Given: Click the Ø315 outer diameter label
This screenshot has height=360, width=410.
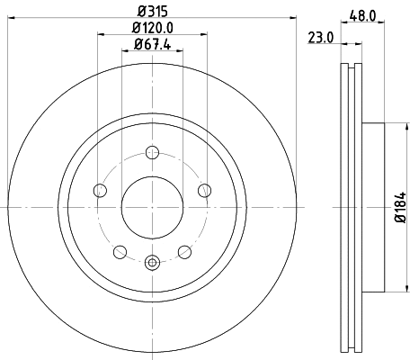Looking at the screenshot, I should pyautogui.click(x=151, y=12).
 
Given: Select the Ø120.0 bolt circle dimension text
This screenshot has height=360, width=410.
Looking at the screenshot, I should pyautogui.click(x=151, y=29).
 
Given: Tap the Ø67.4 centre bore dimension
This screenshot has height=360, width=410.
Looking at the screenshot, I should pyautogui.click(x=151, y=45).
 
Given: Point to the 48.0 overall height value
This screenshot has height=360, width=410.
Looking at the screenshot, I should pyautogui.click(x=362, y=14).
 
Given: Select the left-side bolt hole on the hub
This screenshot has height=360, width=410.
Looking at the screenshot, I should pyautogui.click(x=99, y=189).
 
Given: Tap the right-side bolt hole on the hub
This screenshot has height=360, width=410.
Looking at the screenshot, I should pyautogui.click(x=205, y=189).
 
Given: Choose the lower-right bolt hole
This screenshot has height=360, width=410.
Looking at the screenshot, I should pyautogui.click(x=184, y=251).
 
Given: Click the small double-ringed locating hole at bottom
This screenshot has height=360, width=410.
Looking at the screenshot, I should pyautogui.click(x=152, y=263).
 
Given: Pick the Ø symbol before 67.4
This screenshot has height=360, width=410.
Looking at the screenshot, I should pyautogui.click(x=133, y=45).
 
